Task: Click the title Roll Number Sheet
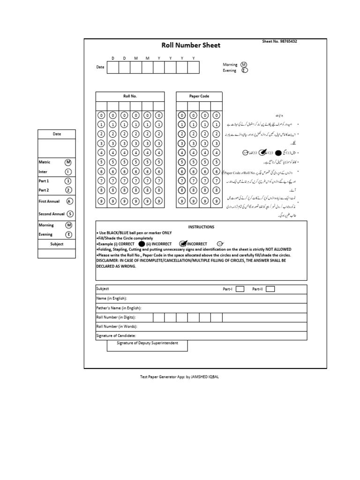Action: pos(191,45)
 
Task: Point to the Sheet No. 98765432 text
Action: pos(279,42)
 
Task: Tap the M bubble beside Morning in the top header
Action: pos(244,64)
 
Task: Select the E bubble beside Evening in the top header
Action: pos(244,71)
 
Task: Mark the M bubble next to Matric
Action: pos(68,162)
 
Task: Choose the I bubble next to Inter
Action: pos(68,172)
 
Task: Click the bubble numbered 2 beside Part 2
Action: pos(68,190)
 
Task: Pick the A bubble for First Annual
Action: pos(70,201)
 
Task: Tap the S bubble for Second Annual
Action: pos(70,214)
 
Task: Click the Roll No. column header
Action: pos(130,96)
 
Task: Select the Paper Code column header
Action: pos(199,96)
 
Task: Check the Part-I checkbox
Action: pos(240,289)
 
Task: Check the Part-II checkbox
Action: pos(270,289)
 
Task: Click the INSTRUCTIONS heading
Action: pos(201,227)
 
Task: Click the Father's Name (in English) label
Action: pos(119,308)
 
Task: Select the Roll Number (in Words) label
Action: pos(117,327)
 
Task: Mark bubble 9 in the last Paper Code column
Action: pos(216,201)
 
